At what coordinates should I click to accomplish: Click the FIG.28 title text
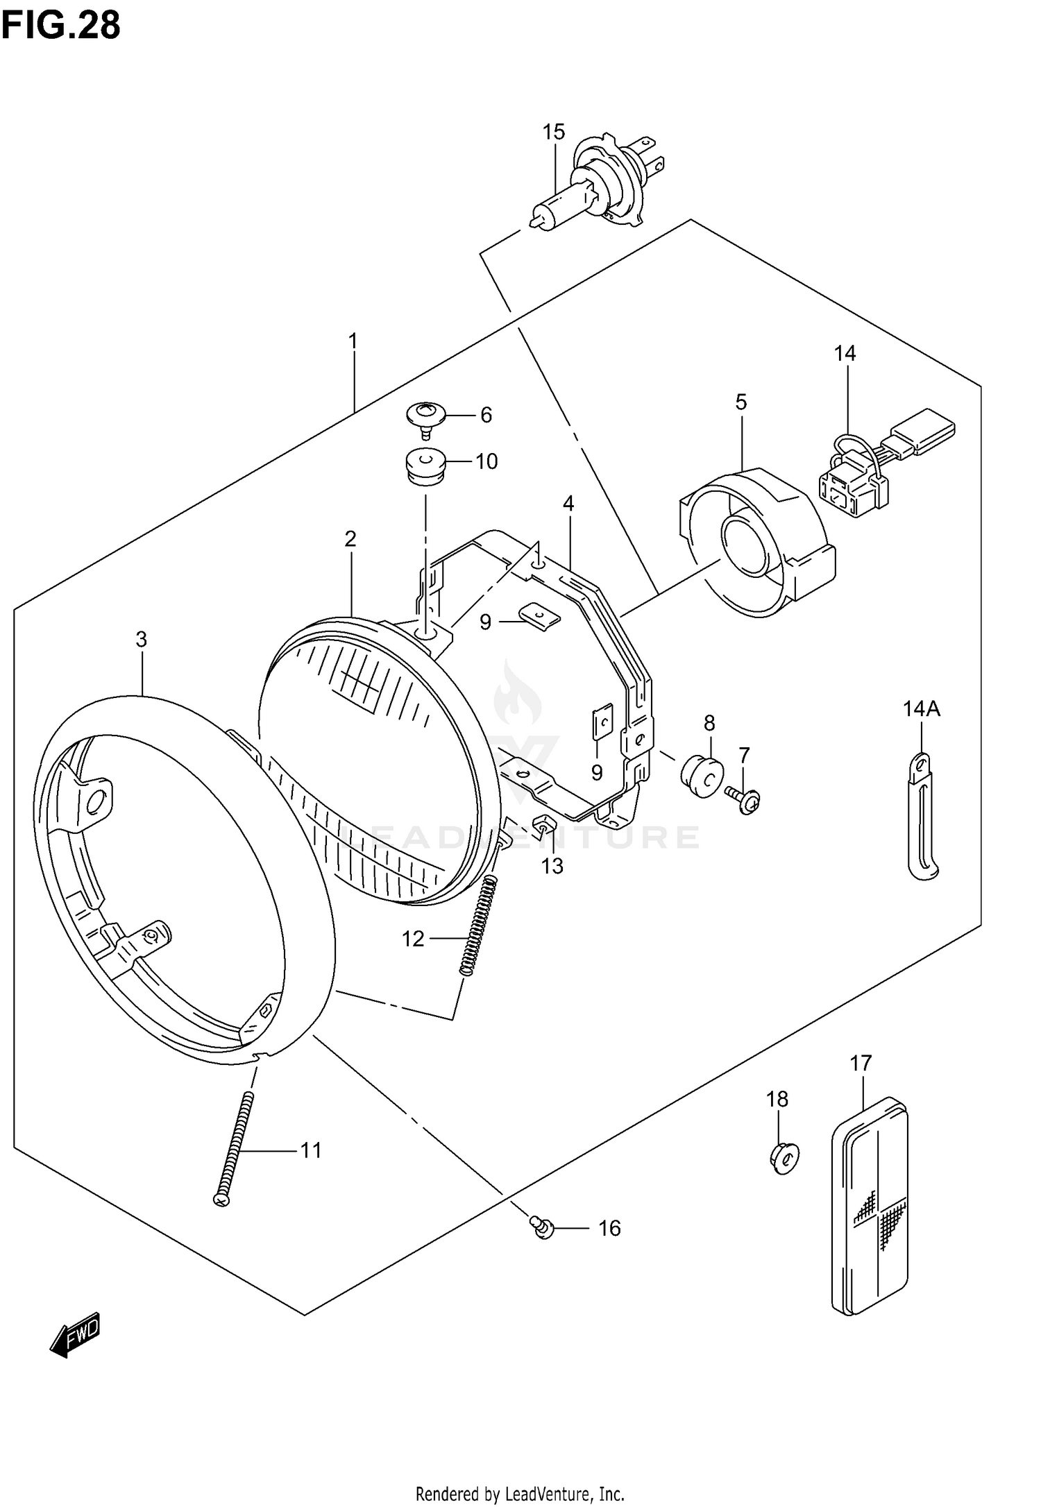pyautogui.click(x=61, y=25)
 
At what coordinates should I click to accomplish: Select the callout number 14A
pyautogui.click(x=921, y=708)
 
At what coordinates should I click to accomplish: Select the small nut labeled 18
pyautogui.click(x=784, y=1157)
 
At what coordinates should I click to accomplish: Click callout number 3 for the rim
pyautogui.click(x=142, y=639)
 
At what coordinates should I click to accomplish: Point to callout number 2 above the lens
pyautogui.click(x=350, y=538)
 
